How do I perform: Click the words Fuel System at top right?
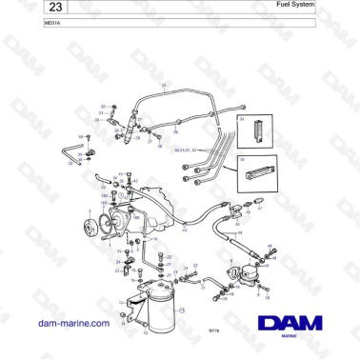[x=330, y=6]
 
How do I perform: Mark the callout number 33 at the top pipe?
[x=163, y=86]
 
